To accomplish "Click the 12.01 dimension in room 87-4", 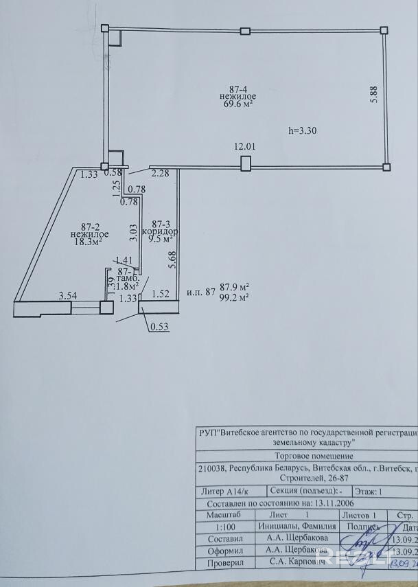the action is click(x=245, y=146).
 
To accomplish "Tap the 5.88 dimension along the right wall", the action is click(x=373, y=93).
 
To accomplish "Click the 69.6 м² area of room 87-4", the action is click(x=239, y=104).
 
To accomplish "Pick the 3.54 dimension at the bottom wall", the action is click(x=67, y=297).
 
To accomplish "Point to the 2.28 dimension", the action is click(x=160, y=173).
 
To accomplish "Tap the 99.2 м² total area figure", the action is click(x=234, y=297).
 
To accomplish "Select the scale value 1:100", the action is click(x=216, y=526).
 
